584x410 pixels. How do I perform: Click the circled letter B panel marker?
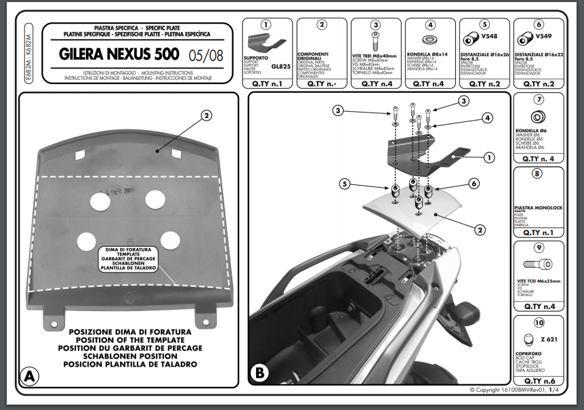[x=259, y=372]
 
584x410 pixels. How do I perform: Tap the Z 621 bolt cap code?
[x=549, y=340]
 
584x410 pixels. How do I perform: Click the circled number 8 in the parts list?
[x=538, y=173]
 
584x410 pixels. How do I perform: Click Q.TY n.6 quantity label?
[x=539, y=381]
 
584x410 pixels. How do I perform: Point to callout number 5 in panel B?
[x=346, y=184]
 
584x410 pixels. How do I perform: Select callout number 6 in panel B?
[x=474, y=183]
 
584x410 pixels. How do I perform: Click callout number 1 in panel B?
[x=488, y=157]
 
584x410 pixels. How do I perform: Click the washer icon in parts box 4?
[x=431, y=38]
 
